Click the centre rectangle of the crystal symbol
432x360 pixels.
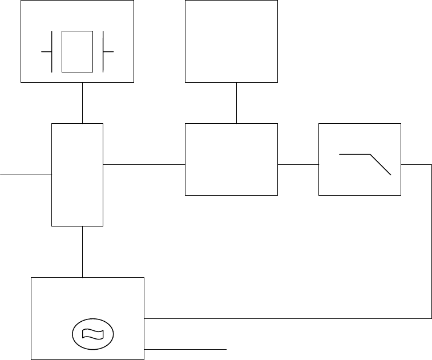pos(77,51)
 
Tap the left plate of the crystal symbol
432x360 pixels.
pos(53,51)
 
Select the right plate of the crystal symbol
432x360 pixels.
pos(102,51)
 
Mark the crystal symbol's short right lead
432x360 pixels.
pos(108,51)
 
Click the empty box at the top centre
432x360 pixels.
pos(231,41)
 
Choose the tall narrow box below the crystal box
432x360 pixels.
pos(77,174)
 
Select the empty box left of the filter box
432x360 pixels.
pos(231,159)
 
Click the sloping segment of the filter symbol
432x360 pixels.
pos(381,164)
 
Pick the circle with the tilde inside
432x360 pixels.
pos(92,333)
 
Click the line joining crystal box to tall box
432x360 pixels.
pos(83,102)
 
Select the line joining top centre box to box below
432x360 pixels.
pos(236,103)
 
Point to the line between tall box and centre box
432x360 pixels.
pos(144,164)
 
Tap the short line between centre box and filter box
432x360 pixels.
pos(298,164)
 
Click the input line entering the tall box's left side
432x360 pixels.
pos(26,175)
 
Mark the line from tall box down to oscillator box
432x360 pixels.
pos(83,252)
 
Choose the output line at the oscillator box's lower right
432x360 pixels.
pos(186,347)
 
